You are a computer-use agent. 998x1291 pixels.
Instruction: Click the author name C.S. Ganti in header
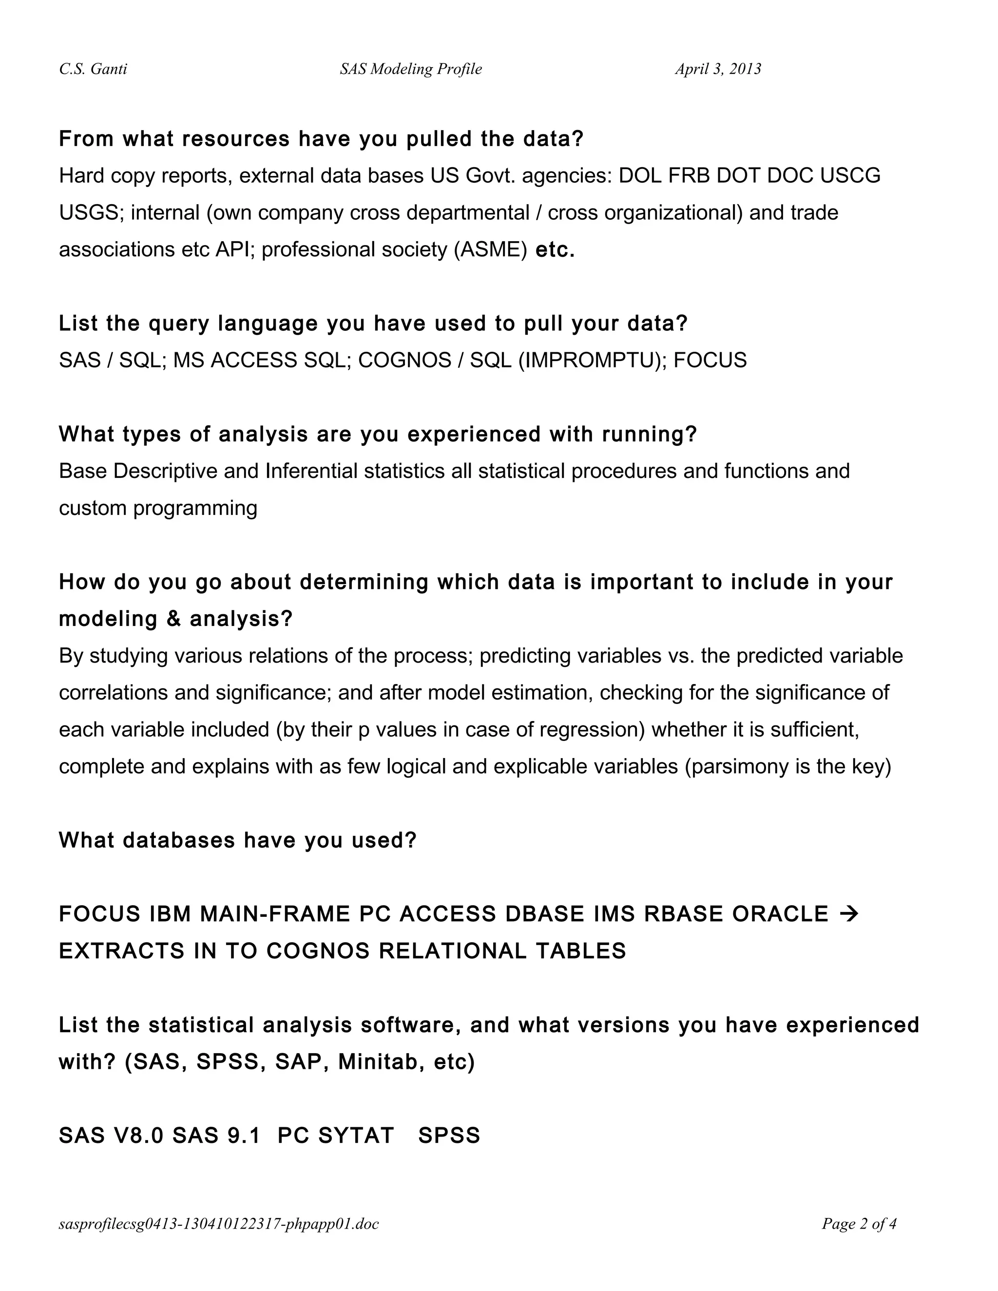(x=93, y=69)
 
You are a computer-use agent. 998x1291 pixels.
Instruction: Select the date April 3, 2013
(x=718, y=69)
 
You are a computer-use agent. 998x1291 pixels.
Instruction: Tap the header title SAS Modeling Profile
(x=410, y=69)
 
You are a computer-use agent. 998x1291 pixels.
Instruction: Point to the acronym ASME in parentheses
(x=490, y=250)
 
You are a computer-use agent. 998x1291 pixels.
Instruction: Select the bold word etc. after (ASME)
(x=555, y=250)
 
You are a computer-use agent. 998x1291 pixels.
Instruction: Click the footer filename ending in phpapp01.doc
(x=219, y=1224)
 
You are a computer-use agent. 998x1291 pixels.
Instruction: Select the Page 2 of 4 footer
(x=859, y=1224)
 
